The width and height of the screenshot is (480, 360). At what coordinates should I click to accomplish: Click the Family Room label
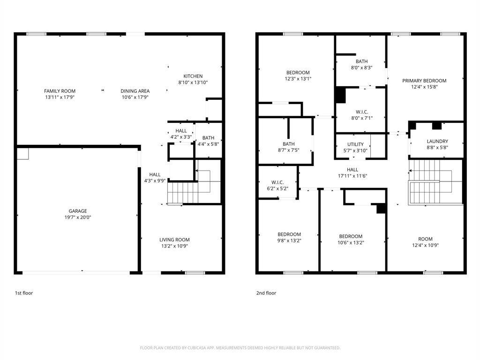[x=60, y=91]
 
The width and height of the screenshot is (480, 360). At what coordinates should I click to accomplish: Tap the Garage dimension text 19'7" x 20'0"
[x=78, y=217]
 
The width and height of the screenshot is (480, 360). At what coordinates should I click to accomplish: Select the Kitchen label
[x=193, y=76]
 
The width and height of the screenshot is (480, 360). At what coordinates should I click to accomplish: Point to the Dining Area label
[x=135, y=91]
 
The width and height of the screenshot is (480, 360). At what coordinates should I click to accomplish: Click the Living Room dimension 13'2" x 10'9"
[x=174, y=246]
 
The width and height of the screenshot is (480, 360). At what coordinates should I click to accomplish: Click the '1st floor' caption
[x=23, y=293]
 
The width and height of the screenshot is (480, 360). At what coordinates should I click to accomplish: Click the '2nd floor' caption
[x=266, y=293]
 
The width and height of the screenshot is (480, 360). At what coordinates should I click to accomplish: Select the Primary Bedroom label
[x=424, y=81]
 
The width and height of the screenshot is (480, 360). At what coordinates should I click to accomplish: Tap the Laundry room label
[x=437, y=141]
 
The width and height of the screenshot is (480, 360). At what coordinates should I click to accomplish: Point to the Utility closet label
[x=355, y=144]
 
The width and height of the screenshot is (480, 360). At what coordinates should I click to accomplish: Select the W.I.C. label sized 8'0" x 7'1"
[x=361, y=112]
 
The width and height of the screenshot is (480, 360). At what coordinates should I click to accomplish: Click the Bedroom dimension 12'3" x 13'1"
[x=298, y=79]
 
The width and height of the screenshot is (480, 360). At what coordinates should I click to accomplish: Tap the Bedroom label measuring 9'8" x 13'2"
[x=289, y=234]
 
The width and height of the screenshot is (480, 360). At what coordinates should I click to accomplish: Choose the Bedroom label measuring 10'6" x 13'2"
[x=351, y=236]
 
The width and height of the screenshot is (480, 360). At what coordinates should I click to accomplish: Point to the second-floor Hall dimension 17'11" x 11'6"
[x=352, y=176]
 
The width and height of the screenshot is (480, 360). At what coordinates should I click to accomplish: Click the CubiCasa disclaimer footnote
[x=240, y=348]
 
